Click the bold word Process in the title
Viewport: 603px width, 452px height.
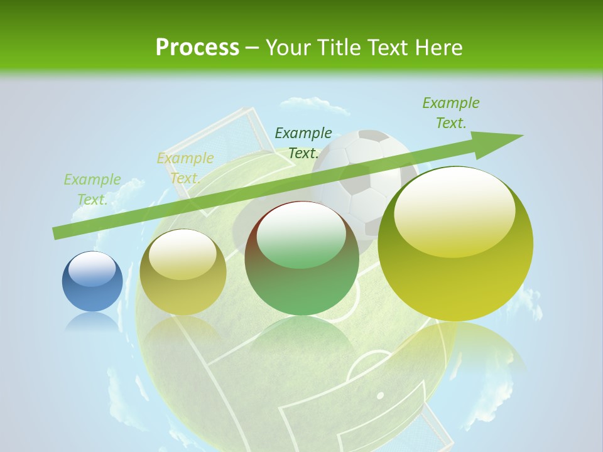197,48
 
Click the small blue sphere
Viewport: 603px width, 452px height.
92,282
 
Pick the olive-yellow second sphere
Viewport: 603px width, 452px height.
183,272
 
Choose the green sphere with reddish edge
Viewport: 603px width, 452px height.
301,258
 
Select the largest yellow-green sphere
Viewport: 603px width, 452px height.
455,244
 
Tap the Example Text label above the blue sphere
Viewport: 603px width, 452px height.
92,190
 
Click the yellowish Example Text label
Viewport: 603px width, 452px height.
185,168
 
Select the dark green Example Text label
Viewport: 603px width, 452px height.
303,143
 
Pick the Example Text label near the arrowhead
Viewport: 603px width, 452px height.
451,113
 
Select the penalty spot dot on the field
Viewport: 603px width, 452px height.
380,395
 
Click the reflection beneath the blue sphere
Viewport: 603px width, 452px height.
92,323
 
